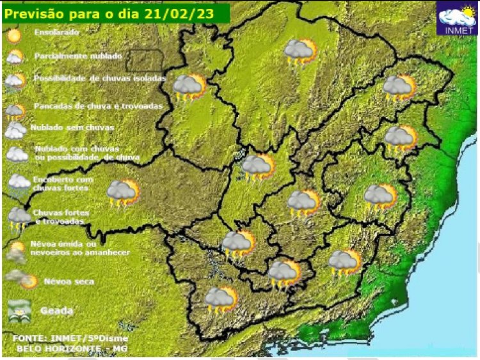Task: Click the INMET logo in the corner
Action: click(456, 18)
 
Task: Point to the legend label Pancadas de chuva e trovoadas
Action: click(98, 106)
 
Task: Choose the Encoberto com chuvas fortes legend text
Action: click(63, 184)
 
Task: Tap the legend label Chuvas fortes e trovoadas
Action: click(61, 217)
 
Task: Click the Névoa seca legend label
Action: click(69, 281)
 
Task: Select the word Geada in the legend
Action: click(57, 311)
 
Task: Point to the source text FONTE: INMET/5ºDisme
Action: click(70, 337)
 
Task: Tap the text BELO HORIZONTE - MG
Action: click(72, 348)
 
